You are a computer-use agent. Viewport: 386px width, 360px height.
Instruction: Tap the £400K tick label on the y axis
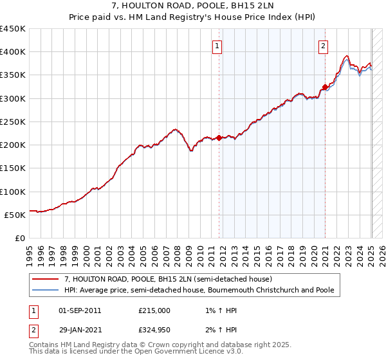pyautogui.click(x=12, y=52)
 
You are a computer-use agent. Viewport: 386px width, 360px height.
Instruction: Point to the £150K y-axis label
pyautogui.click(x=12, y=168)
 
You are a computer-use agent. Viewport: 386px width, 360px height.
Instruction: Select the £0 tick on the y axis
pyautogui.click(x=20, y=238)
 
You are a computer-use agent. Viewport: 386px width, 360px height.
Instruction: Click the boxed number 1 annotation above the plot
pyautogui.click(x=217, y=46)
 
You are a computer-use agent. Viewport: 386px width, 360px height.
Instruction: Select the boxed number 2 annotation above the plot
pyautogui.click(x=323, y=46)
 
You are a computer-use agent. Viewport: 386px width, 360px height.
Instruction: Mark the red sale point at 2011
pyautogui.click(x=219, y=138)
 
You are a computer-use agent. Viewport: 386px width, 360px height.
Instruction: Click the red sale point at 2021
pyautogui.click(x=326, y=87)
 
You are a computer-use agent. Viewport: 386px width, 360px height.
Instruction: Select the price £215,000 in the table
pyautogui.click(x=154, y=310)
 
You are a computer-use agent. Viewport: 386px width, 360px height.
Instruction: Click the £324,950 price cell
pyautogui.click(x=154, y=330)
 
